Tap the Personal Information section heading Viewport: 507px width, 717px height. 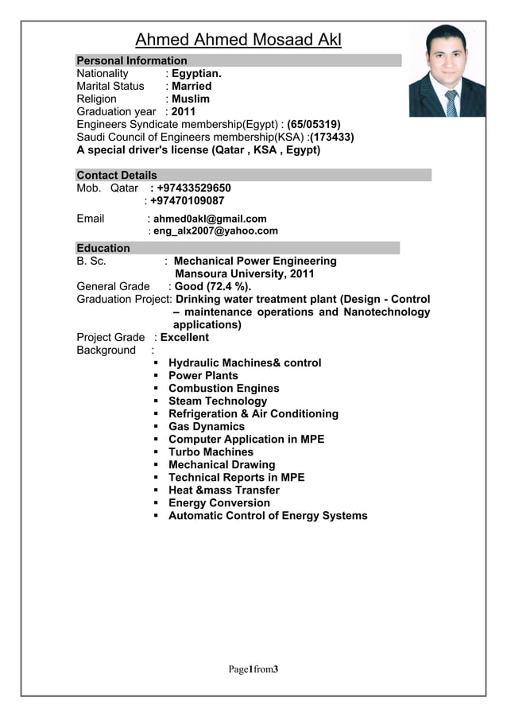pyautogui.click(x=132, y=60)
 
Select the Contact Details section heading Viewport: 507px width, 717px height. pyautogui.click(x=117, y=175)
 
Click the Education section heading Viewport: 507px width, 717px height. pyautogui.click(x=103, y=248)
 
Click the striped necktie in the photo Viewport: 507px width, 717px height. pyautogui.click(x=451, y=103)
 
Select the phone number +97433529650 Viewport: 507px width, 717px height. pyautogui.click(x=194, y=188)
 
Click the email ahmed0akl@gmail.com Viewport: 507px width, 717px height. pyautogui.click(x=210, y=219)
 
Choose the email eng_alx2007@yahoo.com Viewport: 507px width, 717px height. pyautogui.click(x=215, y=231)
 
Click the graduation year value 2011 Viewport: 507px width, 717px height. pyautogui.click(x=184, y=111)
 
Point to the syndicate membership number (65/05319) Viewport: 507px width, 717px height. pyautogui.click(x=314, y=124)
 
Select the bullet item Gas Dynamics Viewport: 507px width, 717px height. pyautogui.click(x=206, y=426)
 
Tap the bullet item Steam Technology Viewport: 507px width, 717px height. pyautogui.click(x=218, y=401)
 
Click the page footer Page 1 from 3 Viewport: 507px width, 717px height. pyautogui.click(x=253, y=670)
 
